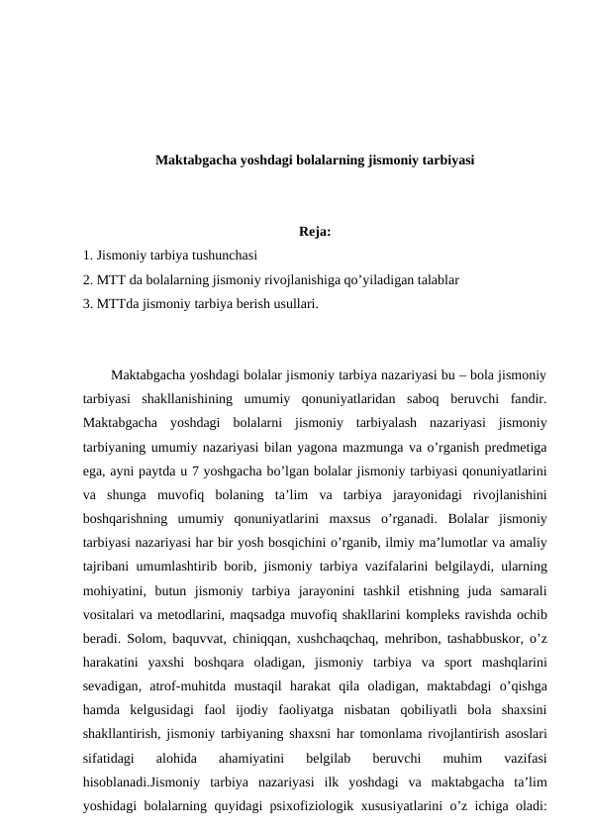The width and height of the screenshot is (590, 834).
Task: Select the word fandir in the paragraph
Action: pos(527,400)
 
